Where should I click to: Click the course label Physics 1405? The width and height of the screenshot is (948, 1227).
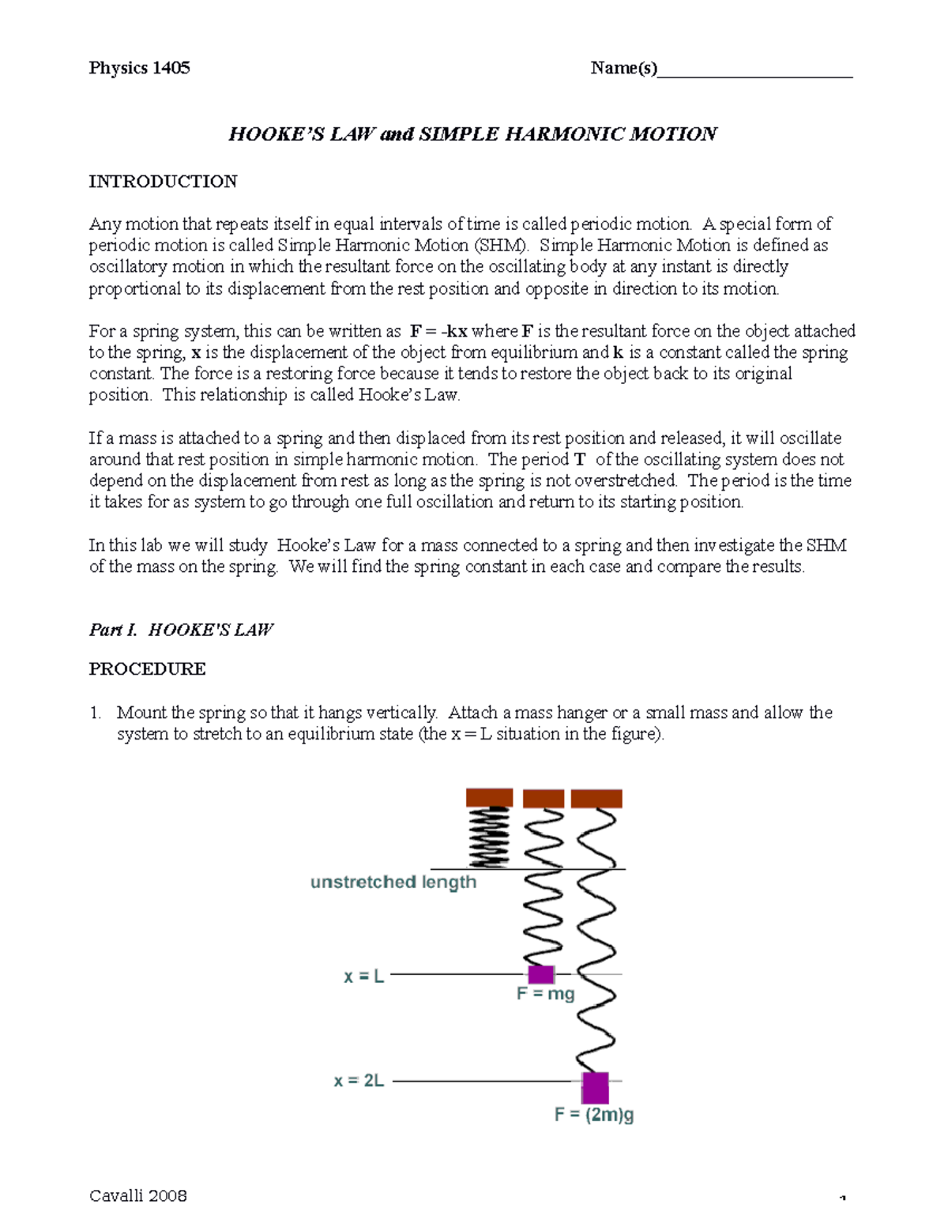point(139,68)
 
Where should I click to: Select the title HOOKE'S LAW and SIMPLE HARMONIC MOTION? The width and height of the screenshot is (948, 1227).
point(472,134)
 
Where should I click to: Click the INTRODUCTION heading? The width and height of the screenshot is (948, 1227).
point(163,182)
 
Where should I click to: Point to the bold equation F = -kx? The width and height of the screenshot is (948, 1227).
point(438,331)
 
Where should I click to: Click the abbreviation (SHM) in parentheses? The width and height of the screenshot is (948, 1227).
point(502,246)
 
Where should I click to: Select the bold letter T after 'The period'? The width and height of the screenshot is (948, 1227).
point(580,460)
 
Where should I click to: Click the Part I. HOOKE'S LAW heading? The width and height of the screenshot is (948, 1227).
point(181,630)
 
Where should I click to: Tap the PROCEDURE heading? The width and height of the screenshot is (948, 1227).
point(147,669)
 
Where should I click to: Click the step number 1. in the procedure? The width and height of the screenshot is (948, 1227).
point(96,713)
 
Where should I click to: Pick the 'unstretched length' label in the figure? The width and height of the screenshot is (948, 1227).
point(393,883)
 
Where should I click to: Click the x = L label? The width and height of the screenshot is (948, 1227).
point(364,977)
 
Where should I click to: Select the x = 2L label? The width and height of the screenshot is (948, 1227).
point(359,1081)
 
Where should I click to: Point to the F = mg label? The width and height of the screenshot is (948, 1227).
point(546,994)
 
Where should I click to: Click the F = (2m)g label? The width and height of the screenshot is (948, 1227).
point(594,1115)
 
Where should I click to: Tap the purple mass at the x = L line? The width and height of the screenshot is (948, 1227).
point(541,974)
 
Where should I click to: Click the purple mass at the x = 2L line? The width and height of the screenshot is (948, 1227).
point(595,1087)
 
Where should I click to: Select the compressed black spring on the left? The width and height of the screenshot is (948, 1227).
point(490,837)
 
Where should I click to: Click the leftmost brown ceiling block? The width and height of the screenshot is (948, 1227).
point(489,797)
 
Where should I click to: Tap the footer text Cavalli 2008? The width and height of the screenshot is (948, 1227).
point(138,1195)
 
